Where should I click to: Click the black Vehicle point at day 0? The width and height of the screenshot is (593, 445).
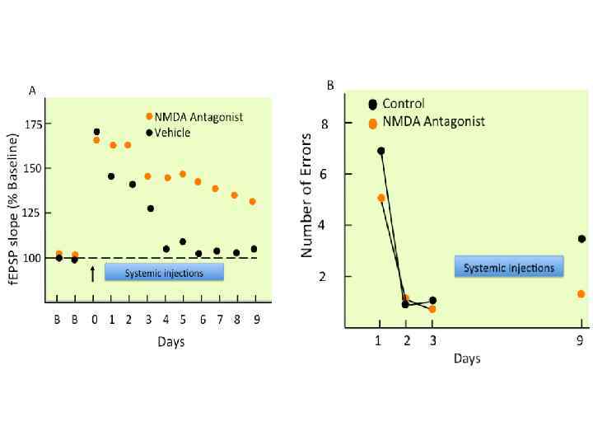pyautogui.click(x=96, y=132)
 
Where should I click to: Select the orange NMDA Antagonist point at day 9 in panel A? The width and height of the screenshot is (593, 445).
pyautogui.click(x=253, y=202)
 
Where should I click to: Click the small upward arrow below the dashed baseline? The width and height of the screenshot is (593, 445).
pyautogui.click(x=92, y=273)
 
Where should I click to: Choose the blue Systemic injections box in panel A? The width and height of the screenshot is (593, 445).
pyautogui.click(x=164, y=273)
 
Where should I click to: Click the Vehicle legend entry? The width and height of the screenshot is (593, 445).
pyautogui.click(x=172, y=133)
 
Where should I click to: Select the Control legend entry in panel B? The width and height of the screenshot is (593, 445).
pyautogui.click(x=403, y=104)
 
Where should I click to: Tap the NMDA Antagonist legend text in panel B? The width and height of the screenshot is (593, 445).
pyautogui.click(x=434, y=122)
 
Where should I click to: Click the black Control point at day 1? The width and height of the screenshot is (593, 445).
pyautogui.click(x=381, y=151)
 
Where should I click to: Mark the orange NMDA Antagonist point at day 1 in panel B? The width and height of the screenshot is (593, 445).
pyautogui.click(x=381, y=198)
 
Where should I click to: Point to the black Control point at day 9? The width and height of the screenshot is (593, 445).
pyautogui.click(x=581, y=239)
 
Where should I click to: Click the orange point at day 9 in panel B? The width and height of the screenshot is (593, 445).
pyautogui.click(x=581, y=293)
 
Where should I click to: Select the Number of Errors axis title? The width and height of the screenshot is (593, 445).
pyautogui.click(x=307, y=194)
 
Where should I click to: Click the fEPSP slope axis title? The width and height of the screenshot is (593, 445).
pyautogui.click(x=13, y=208)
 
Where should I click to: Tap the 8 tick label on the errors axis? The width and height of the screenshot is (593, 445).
pyautogui.click(x=348, y=124)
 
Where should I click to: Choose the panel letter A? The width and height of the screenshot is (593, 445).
pyautogui.click(x=32, y=91)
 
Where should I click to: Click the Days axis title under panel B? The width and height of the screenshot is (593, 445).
pyautogui.click(x=466, y=358)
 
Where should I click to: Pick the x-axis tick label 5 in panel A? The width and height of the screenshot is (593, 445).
pyautogui.click(x=183, y=320)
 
